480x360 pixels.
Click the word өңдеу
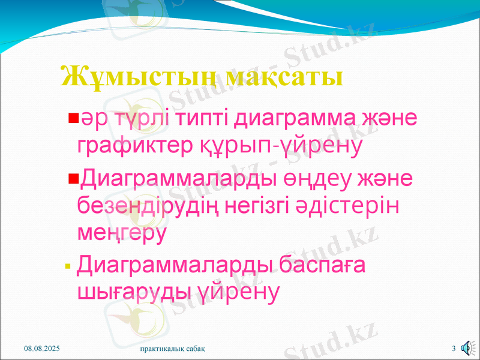322,178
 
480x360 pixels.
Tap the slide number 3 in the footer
454,349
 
